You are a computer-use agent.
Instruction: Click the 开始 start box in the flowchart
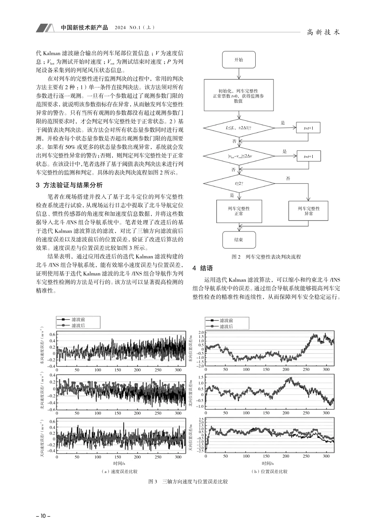pyautogui.click(x=239, y=60)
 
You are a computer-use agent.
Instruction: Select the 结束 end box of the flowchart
pyautogui.click(x=239, y=240)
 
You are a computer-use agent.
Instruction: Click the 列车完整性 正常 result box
pyautogui.click(x=239, y=211)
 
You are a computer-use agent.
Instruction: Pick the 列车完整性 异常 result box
pyautogui.click(x=309, y=211)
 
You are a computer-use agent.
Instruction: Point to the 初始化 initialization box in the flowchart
pyautogui.click(x=239, y=96)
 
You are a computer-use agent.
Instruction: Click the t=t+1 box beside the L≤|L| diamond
pyautogui.click(x=309, y=128)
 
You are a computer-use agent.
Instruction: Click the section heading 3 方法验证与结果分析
pyautogui.click(x=69, y=185)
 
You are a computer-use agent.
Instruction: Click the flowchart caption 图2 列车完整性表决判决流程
pyautogui.click(x=266, y=257)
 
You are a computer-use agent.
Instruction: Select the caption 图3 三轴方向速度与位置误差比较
pyautogui.click(x=188, y=482)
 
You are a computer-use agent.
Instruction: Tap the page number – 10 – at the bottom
pyautogui.click(x=41, y=516)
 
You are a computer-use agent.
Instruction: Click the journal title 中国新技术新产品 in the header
pyautogui.click(x=85, y=28)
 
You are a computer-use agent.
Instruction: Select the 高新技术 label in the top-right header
pyautogui.click(x=324, y=32)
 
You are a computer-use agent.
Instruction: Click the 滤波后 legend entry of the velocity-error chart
pyautogui.click(x=78, y=325)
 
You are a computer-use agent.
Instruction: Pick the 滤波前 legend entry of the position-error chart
pyautogui.click(x=226, y=320)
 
